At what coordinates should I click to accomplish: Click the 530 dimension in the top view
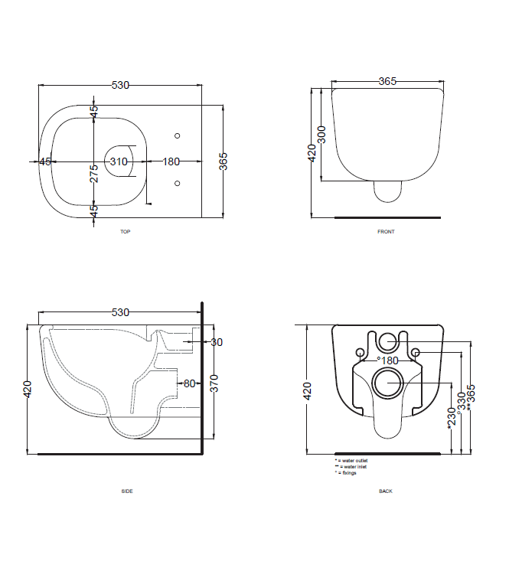(x=120, y=85)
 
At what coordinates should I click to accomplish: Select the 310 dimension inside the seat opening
(x=119, y=161)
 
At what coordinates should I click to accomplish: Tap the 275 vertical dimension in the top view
(x=93, y=172)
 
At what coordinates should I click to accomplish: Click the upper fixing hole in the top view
(x=178, y=136)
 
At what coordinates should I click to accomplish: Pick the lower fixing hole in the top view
(x=178, y=183)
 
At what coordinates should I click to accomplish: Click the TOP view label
(x=125, y=231)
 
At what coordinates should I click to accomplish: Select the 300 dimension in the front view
(x=321, y=135)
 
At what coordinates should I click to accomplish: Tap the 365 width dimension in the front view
(x=387, y=81)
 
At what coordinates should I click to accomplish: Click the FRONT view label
(x=386, y=231)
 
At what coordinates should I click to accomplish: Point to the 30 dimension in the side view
(x=217, y=342)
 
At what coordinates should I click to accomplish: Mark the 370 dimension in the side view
(x=215, y=383)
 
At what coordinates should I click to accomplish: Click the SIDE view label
(x=126, y=491)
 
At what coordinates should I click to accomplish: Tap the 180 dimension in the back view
(x=389, y=360)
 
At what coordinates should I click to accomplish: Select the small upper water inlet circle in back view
(x=389, y=341)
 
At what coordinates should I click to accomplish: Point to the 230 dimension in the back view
(x=451, y=418)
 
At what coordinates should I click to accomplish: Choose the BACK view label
(x=386, y=491)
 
